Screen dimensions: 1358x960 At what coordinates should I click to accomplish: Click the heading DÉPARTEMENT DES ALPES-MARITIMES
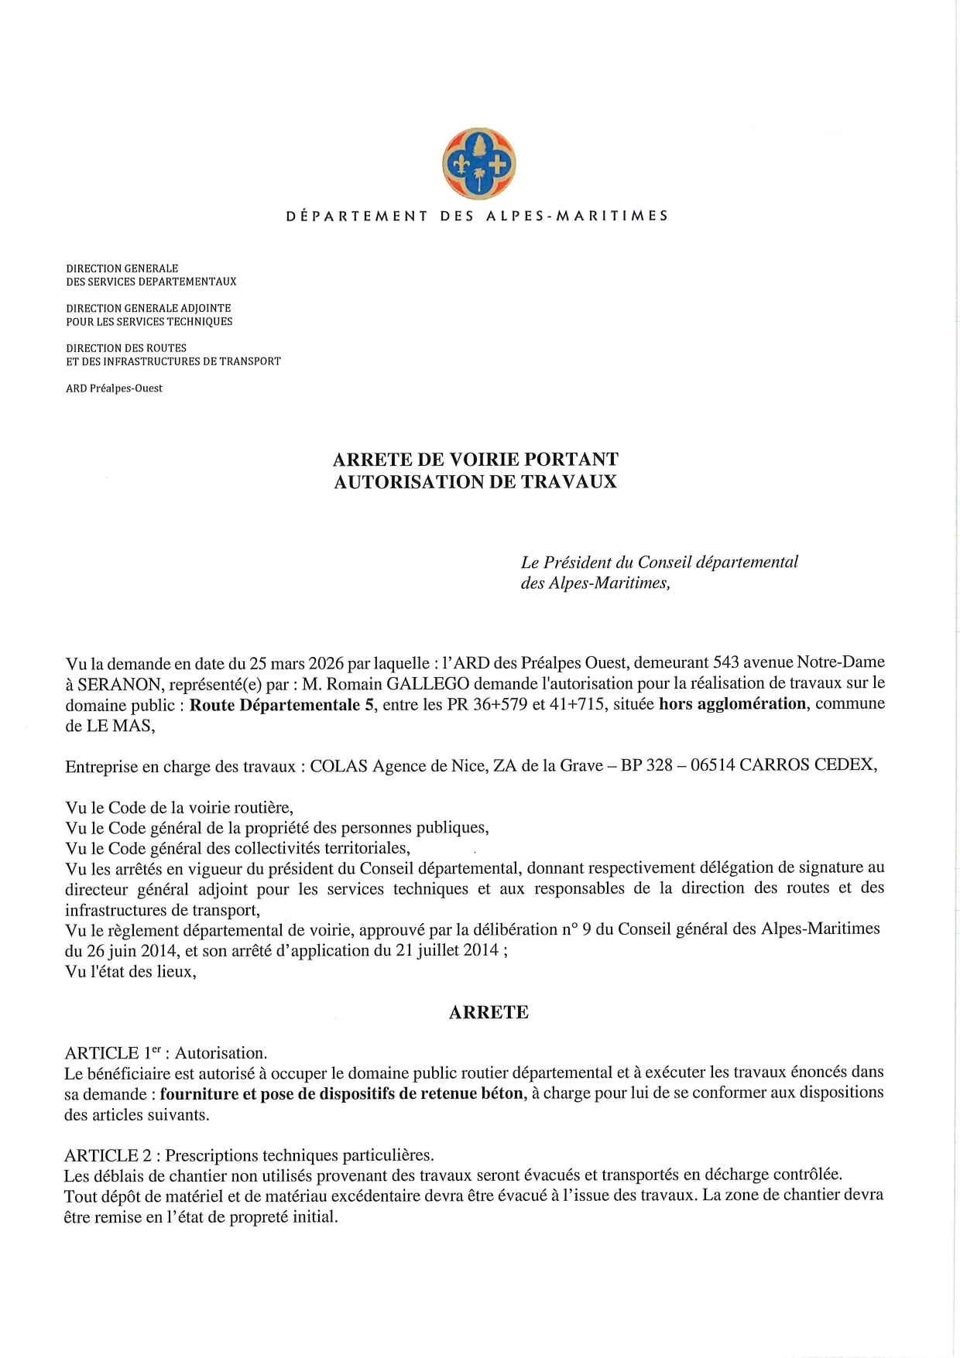(x=477, y=216)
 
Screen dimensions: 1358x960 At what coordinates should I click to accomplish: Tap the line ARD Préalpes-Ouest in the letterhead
(x=114, y=388)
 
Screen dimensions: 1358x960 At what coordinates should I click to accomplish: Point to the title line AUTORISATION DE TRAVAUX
(x=475, y=482)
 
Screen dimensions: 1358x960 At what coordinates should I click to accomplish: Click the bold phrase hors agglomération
(x=732, y=704)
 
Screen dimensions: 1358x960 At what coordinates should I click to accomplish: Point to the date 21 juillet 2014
(x=447, y=950)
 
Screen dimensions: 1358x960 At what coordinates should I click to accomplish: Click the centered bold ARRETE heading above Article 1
(x=489, y=1012)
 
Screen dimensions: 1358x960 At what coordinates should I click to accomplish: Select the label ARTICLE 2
(x=108, y=1155)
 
